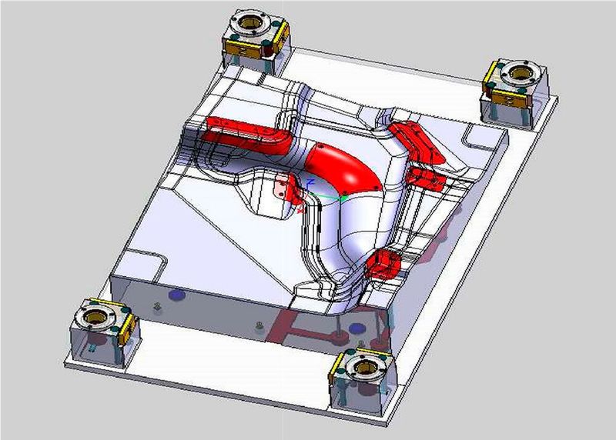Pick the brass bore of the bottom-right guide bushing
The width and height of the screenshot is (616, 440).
pyautogui.click(x=363, y=365)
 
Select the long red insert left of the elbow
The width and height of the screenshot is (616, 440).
pyautogui.click(x=245, y=134)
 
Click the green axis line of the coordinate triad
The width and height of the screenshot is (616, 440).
pyautogui.click(x=331, y=197)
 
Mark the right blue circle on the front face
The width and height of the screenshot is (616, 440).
pyautogui.click(x=356, y=328)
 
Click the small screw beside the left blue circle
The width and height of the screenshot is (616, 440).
pyautogui.click(x=157, y=308)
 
